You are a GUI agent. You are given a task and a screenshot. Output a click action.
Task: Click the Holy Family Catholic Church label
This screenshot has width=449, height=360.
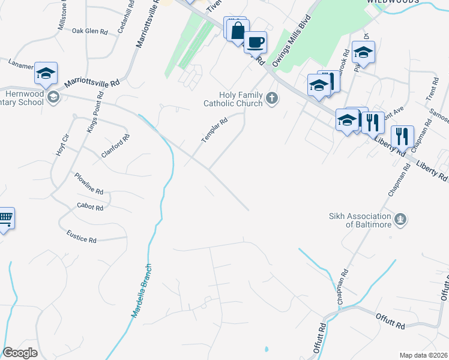(241, 99)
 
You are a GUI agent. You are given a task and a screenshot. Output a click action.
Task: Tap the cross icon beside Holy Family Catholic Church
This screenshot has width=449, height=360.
(272, 98)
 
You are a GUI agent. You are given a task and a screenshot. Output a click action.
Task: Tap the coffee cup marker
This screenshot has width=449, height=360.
(256, 42)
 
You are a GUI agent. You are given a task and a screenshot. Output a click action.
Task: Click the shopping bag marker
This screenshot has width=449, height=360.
(238, 30)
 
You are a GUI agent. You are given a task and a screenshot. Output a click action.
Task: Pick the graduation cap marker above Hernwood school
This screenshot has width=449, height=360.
(46, 73)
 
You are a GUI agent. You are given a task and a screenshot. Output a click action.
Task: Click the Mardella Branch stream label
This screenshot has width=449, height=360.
(142, 292)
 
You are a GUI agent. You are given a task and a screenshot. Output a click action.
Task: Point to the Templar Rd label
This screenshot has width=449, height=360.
(214, 129)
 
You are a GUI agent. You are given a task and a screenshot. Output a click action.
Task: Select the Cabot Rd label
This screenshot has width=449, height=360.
(91, 206)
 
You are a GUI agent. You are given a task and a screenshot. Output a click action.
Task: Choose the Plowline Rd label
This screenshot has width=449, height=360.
(89, 184)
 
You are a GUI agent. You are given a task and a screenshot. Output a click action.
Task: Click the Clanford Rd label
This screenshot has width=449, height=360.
(116, 146)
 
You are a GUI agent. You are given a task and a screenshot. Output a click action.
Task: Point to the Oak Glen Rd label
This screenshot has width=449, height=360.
(89, 31)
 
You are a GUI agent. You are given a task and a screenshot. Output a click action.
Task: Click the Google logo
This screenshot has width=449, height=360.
(20, 353)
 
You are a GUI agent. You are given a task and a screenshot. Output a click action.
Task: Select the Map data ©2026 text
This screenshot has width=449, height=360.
(423, 355)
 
